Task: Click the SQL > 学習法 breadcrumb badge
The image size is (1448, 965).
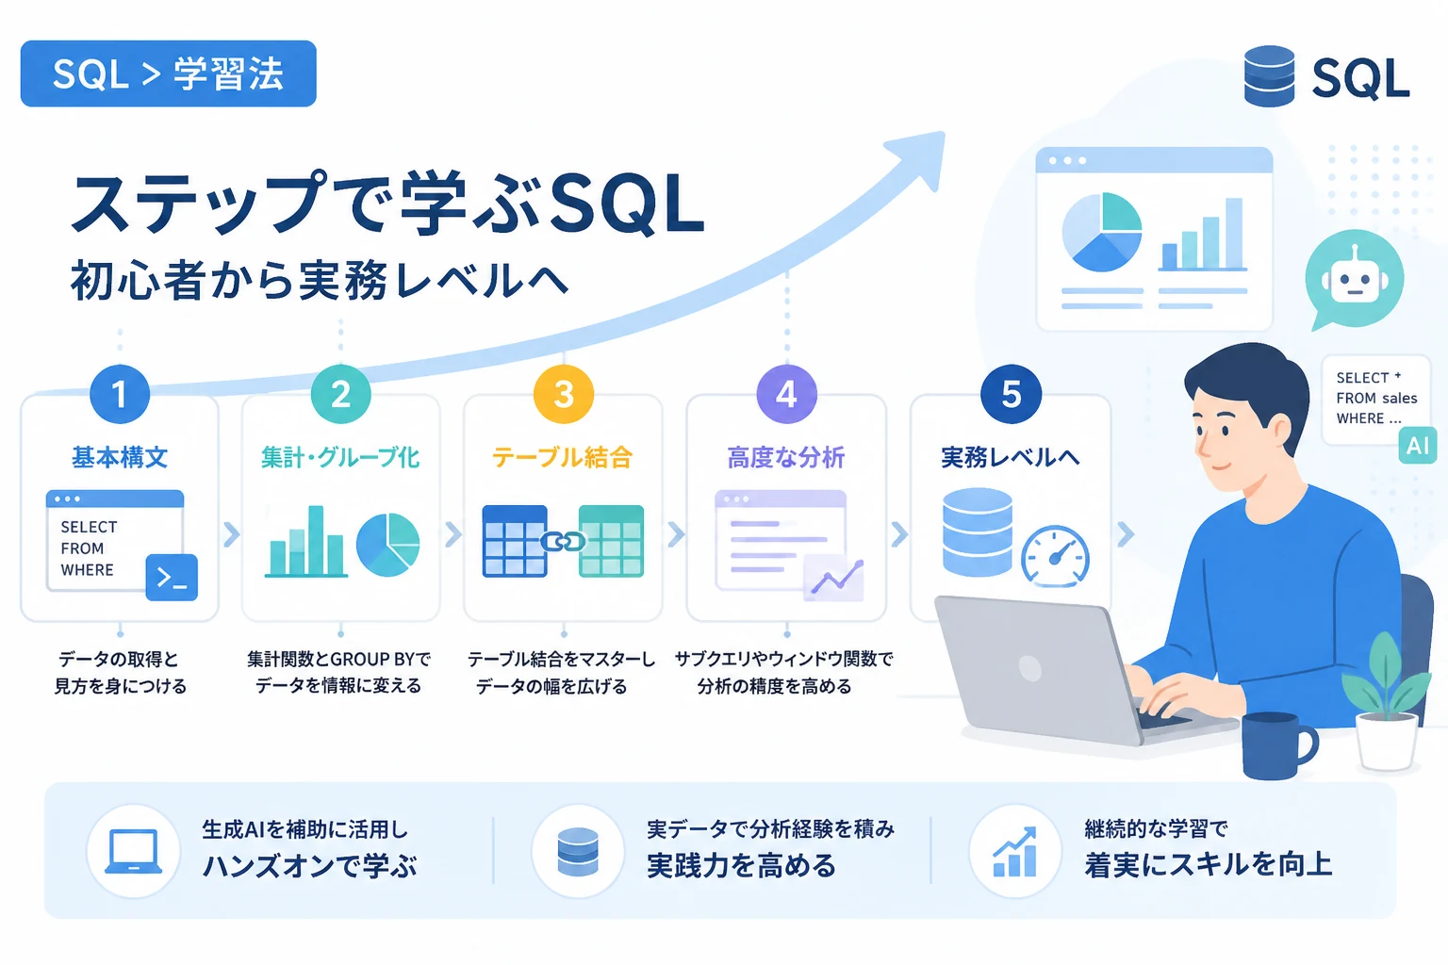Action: [168, 74]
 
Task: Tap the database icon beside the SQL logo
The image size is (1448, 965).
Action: [1269, 75]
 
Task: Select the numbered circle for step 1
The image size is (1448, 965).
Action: [120, 394]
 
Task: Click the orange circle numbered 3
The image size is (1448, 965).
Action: [564, 394]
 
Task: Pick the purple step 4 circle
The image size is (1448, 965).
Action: [787, 394]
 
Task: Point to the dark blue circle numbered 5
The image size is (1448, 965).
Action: [1011, 394]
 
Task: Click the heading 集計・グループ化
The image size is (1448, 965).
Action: [340, 458]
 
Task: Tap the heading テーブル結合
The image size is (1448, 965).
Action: [563, 458]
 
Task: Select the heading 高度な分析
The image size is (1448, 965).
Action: [786, 458]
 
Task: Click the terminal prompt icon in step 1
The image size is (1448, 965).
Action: [172, 577]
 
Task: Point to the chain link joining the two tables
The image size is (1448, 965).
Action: [563, 542]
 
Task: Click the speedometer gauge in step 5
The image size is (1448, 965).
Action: [1055, 557]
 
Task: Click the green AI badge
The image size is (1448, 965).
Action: [1418, 446]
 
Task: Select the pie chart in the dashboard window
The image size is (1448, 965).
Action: [1101, 232]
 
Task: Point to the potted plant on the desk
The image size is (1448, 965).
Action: [1388, 705]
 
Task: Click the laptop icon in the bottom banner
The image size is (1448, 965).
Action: [133, 851]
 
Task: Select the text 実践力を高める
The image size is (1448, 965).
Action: [742, 865]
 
